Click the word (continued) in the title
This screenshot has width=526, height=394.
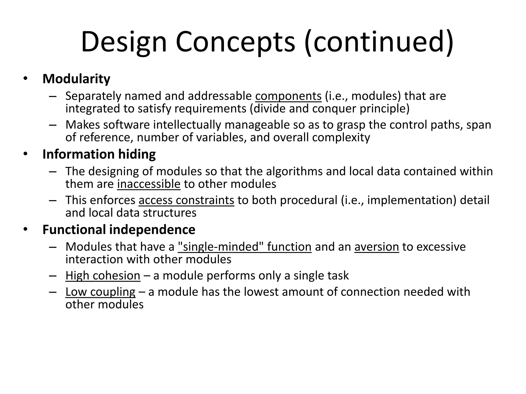point(379,42)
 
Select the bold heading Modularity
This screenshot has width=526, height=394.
point(76,79)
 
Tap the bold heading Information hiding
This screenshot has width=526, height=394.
point(99,154)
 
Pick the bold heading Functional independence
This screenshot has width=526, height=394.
point(119,230)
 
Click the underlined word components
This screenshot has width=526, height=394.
point(288,96)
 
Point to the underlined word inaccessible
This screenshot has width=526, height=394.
point(149,184)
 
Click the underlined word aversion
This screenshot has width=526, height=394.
point(377,247)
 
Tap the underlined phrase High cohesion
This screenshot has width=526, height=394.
point(103,276)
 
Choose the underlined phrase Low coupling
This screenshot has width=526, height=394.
point(100,292)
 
